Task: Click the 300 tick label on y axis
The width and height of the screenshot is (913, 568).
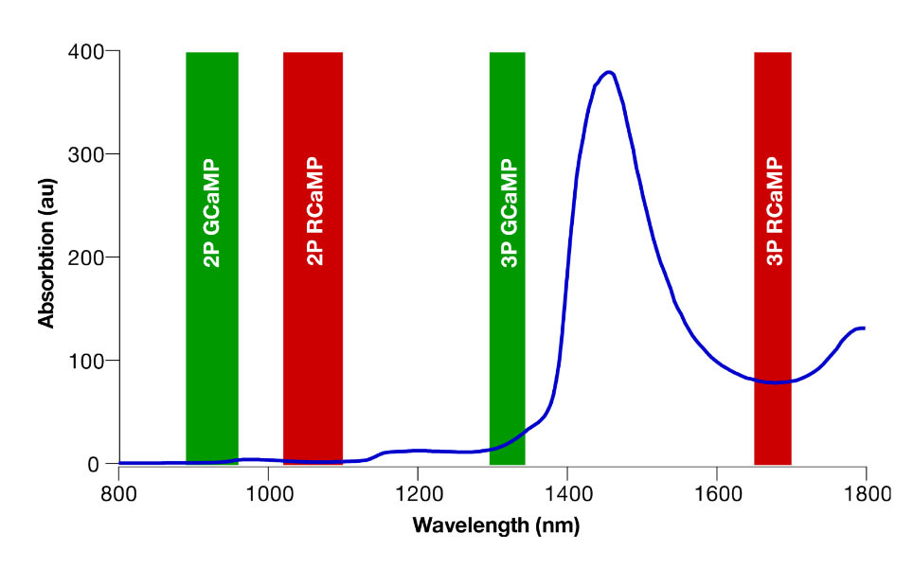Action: coord(86,154)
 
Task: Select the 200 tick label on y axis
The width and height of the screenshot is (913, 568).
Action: coord(86,257)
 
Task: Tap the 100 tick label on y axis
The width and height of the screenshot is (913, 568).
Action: coord(86,361)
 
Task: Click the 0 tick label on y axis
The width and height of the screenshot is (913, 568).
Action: coord(94,464)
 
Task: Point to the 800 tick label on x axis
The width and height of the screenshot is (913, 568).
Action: coord(117,492)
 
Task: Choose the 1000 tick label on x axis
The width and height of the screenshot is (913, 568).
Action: coord(268,492)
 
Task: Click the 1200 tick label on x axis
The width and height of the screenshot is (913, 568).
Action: coord(417,492)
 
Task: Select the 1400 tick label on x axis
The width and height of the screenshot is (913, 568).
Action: coord(566,492)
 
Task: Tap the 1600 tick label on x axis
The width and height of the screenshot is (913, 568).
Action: coord(716,492)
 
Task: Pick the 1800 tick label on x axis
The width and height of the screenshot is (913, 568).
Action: coord(865,492)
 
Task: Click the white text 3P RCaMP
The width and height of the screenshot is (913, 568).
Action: coord(773,210)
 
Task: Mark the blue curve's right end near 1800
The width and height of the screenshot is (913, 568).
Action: coord(864,328)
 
